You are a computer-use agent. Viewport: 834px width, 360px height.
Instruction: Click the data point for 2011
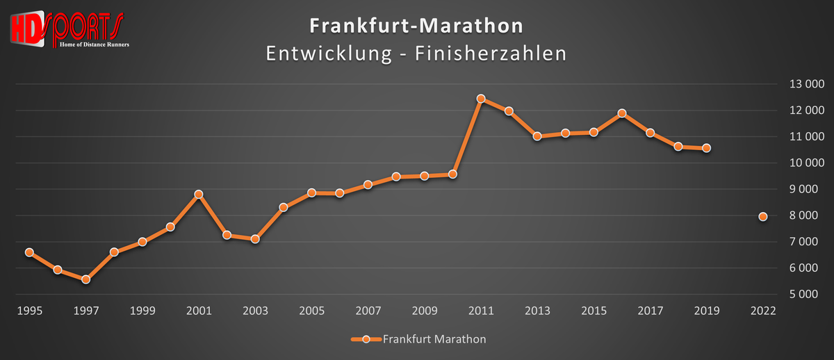click(x=480, y=99)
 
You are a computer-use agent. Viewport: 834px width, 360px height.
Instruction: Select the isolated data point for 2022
click(x=762, y=217)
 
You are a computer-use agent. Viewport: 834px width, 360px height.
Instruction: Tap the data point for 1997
click(x=85, y=279)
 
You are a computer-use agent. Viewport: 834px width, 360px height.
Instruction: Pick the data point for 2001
click(x=199, y=194)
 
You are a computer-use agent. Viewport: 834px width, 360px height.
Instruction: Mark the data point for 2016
click(x=622, y=113)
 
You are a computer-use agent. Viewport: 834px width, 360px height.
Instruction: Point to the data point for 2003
click(x=255, y=239)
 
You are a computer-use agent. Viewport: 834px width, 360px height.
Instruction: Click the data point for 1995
click(x=29, y=252)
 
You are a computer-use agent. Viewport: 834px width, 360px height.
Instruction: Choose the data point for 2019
click(x=706, y=148)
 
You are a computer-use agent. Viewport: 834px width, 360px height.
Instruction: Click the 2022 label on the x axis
click(x=762, y=311)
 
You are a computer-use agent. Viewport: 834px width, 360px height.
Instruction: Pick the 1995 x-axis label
click(x=29, y=311)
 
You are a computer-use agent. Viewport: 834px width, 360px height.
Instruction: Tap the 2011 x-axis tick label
click(x=480, y=311)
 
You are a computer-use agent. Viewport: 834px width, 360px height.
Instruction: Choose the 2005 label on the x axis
click(x=311, y=311)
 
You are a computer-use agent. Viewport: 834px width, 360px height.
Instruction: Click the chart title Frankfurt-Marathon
click(x=416, y=26)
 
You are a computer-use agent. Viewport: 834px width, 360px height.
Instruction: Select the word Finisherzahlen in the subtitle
click(x=490, y=54)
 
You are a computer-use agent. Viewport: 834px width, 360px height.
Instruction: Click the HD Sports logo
click(x=67, y=29)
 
